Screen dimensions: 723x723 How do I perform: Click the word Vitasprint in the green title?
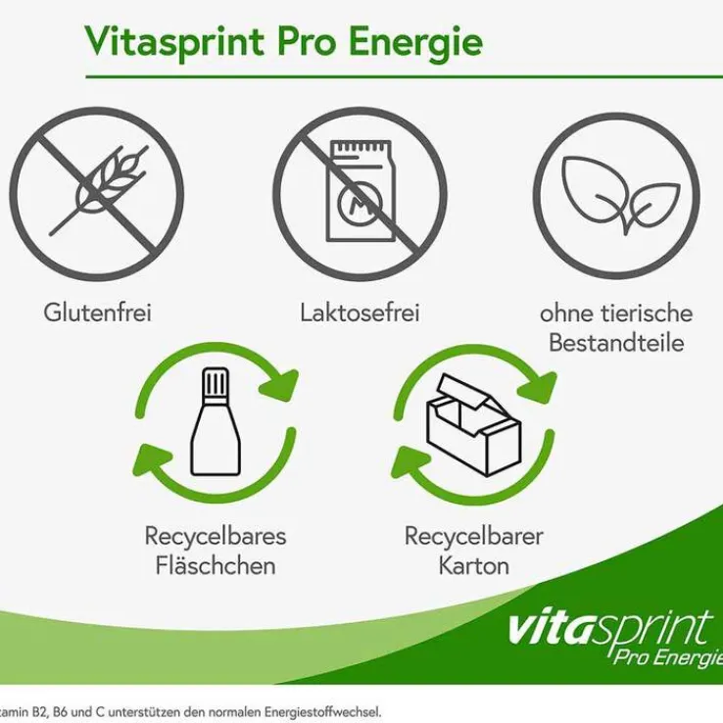click(x=174, y=42)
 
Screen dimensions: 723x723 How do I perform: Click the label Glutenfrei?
click(x=97, y=313)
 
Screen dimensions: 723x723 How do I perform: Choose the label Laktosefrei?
click(x=360, y=313)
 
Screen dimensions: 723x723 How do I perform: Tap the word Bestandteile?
click(x=616, y=343)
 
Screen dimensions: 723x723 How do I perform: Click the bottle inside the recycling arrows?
click(x=216, y=421)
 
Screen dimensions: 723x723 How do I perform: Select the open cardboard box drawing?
click(x=474, y=424)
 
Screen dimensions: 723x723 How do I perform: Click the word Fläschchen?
click(x=216, y=566)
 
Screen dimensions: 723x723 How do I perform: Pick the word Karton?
click(x=474, y=566)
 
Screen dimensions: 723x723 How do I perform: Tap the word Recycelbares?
click(x=216, y=536)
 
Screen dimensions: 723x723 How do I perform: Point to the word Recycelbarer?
click(x=474, y=536)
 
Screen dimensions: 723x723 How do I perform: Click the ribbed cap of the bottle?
click(x=216, y=382)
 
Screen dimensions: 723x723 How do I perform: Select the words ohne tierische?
click(x=616, y=313)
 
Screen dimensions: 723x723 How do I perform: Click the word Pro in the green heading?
click(x=307, y=42)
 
